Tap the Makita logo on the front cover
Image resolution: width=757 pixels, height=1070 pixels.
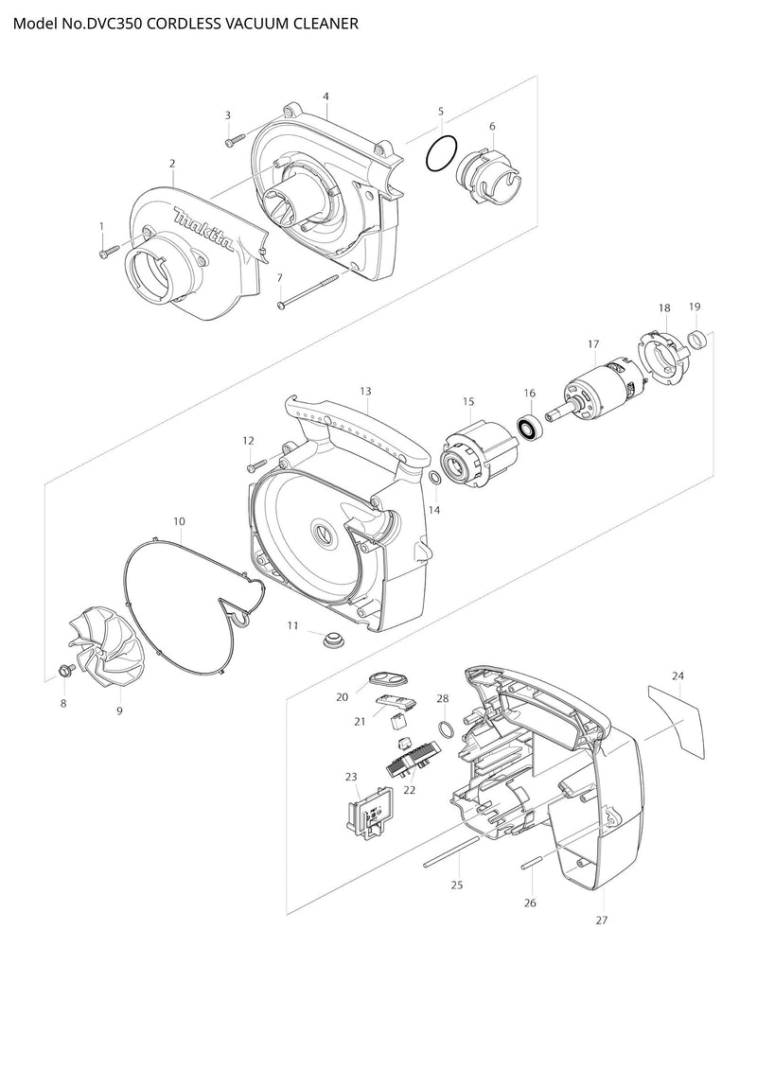tap(204, 229)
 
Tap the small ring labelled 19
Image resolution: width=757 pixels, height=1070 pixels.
tap(696, 339)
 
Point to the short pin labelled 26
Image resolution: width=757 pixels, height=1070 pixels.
tap(531, 864)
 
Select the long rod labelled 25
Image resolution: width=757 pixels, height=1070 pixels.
tap(449, 851)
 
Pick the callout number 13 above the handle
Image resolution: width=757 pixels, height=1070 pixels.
tap(365, 391)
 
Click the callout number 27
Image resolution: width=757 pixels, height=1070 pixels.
tap(601, 920)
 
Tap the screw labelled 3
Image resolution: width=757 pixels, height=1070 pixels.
tap(234, 141)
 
